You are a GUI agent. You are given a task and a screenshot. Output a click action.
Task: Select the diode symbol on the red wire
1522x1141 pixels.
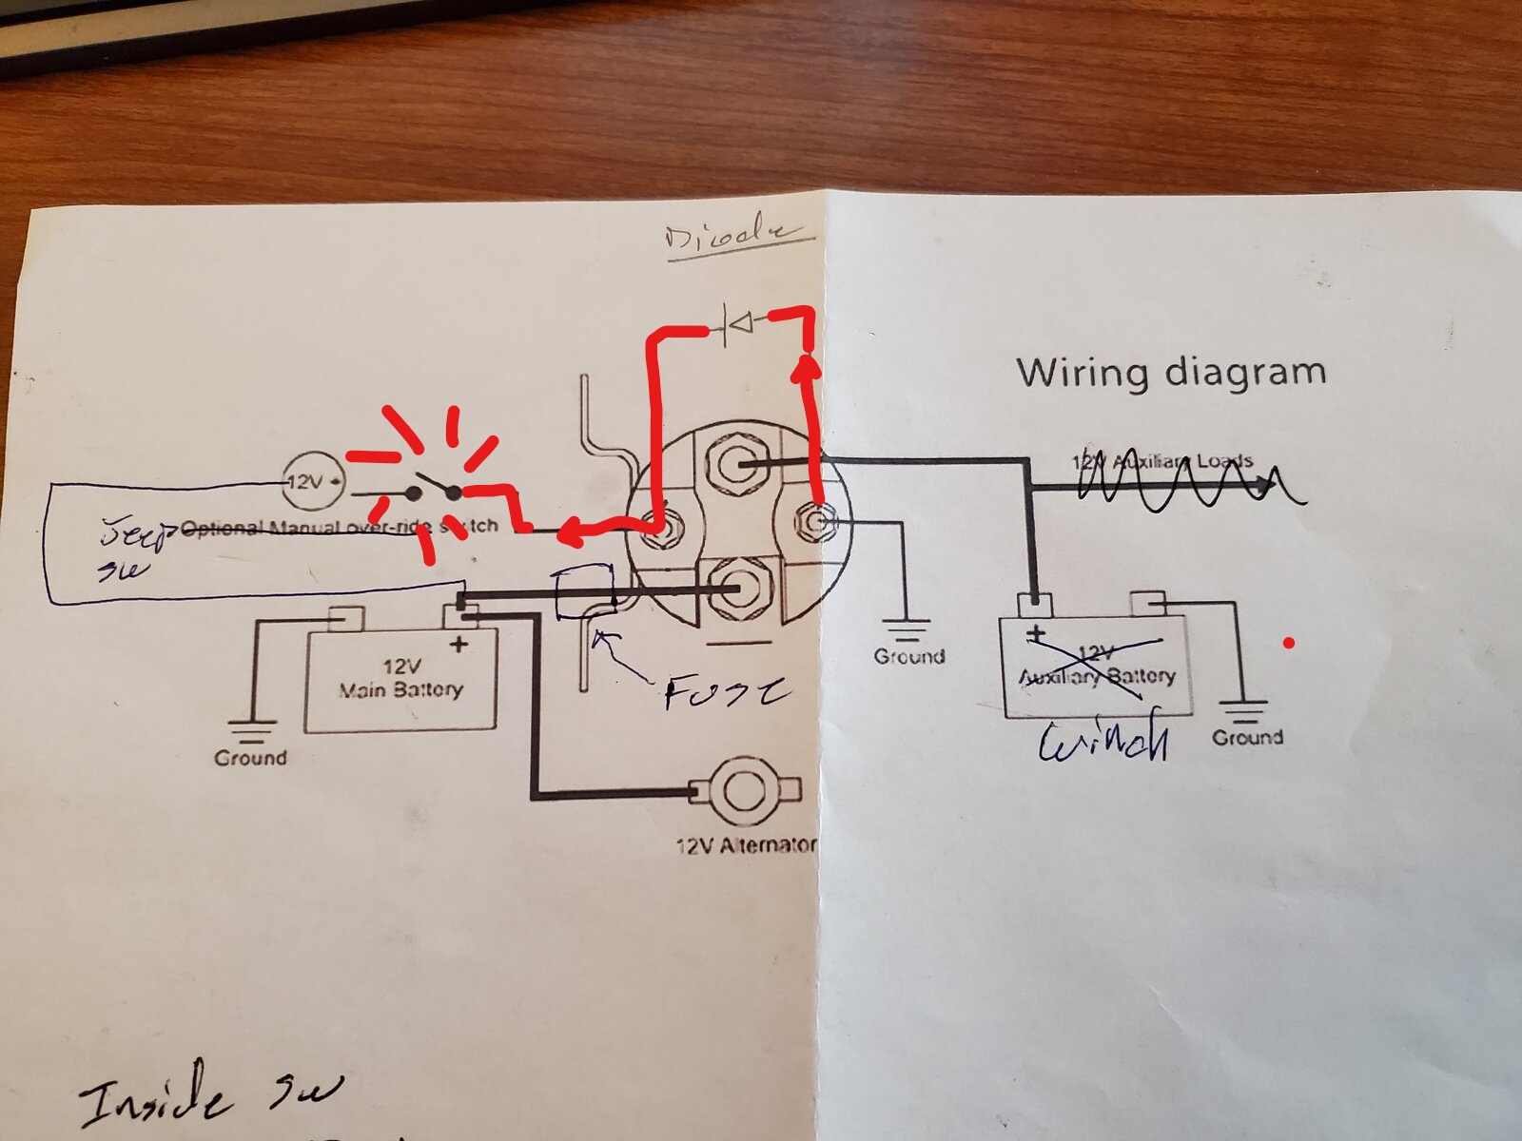[737, 325]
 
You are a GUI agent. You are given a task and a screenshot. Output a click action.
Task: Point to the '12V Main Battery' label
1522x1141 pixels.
[400, 677]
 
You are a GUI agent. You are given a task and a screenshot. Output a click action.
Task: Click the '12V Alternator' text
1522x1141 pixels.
[745, 845]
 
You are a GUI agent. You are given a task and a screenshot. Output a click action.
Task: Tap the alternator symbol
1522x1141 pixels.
[743, 789]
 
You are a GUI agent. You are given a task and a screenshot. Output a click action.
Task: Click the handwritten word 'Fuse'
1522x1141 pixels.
[725, 692]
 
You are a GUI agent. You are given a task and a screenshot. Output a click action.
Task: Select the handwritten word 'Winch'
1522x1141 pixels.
[1103, 742]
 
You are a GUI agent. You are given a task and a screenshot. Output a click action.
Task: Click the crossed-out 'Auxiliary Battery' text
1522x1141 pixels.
[1097, 675]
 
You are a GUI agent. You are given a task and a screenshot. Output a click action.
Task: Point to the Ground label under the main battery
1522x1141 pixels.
[250, 758]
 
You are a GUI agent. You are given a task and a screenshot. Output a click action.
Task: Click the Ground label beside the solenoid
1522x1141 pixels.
[909, 656]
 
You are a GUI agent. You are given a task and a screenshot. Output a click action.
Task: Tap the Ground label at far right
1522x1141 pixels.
[1247, 737]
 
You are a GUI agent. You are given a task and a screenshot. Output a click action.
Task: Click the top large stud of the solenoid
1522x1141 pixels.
[735, 465]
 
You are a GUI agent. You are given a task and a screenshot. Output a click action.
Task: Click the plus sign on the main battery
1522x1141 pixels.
[459, 645]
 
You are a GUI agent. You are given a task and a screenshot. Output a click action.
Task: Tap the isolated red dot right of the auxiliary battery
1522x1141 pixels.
[1289, 644]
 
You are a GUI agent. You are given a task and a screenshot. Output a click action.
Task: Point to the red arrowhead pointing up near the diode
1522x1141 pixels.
[807, 365]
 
